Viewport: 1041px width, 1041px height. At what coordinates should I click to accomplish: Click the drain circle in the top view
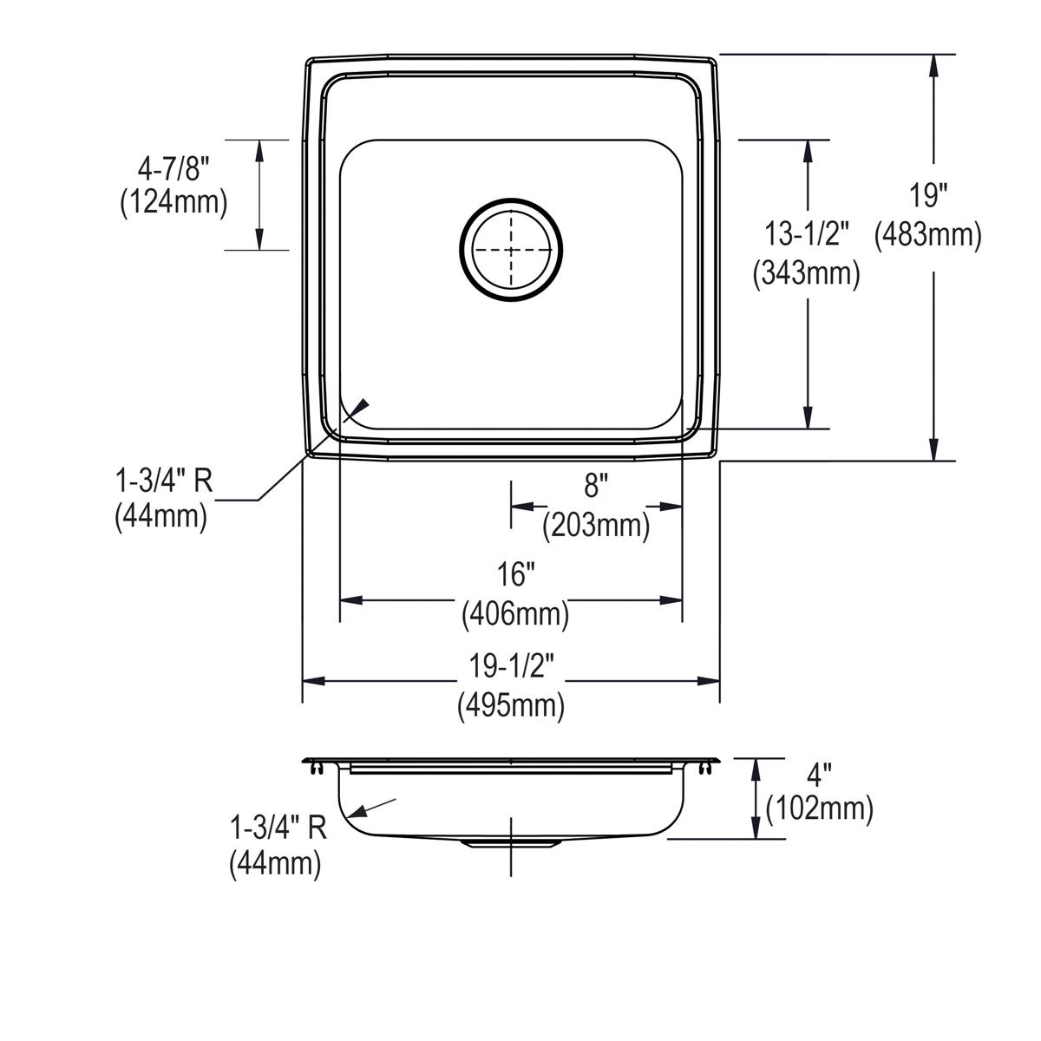coord(511,249)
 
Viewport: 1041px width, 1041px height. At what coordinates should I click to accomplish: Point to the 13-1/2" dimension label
coord(806,234)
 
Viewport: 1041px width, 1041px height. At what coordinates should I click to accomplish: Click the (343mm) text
coord(806,273)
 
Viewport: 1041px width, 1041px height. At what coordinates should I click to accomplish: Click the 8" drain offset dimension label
coord(592,486)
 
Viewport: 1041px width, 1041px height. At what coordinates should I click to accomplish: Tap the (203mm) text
coord(596,525)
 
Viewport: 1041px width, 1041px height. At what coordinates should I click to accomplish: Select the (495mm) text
coord(511,705)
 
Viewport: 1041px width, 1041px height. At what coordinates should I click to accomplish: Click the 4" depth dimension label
coord(820,771)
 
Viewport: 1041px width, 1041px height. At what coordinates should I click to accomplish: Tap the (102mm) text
coord(819,809)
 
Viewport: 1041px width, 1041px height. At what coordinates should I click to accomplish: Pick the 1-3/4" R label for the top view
coord(163,479)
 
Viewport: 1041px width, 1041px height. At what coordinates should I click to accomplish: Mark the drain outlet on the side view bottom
coord(511,842)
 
